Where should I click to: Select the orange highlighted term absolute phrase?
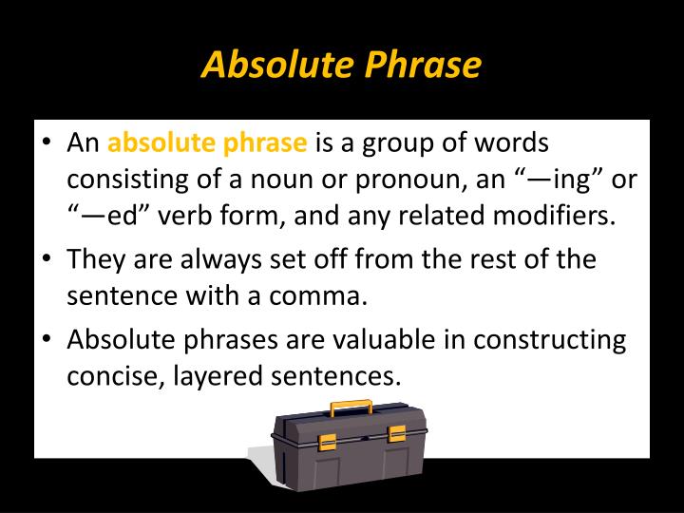[x=207, y=145]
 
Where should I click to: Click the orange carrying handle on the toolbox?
[x=351, y=408]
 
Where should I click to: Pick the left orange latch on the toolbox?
[x=327, y=441]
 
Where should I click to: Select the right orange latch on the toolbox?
[x=397, y=434]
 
